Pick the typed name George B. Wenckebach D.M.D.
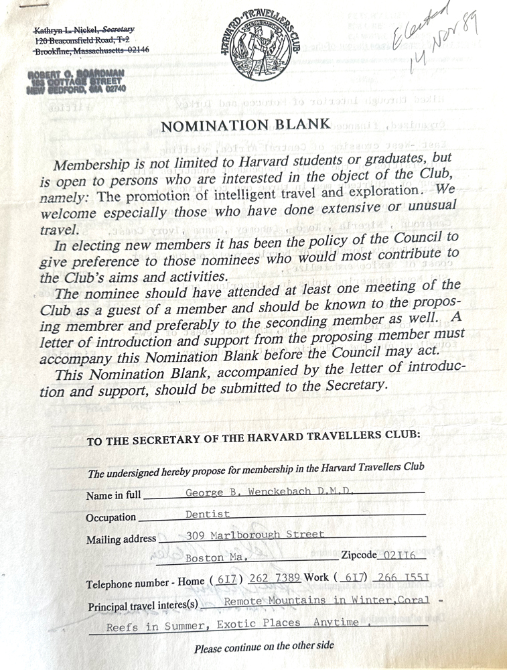[270, 492]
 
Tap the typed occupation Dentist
[208, 514]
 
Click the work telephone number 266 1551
[403, 578]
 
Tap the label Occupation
[111, 518]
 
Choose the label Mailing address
[121, 539]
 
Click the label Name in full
[114, 496]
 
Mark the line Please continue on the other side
[264, 649]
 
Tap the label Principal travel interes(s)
[143, 606]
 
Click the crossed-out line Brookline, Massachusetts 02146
[91, 50]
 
